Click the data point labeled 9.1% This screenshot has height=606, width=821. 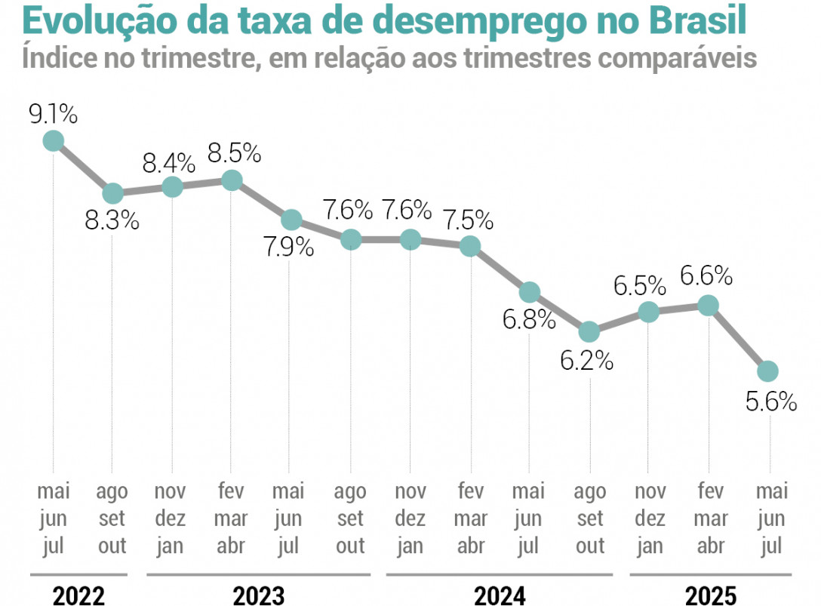[x=53, y=140]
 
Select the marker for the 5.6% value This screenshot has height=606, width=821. [x=767, y=371]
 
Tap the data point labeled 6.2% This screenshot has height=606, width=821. [x=589, y=332]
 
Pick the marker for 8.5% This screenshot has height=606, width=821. [x=232, y=180]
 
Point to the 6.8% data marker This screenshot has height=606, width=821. [x=530, y=292]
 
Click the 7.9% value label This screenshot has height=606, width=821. [x=289, y=248]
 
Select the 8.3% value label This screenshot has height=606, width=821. [x=113, y=221]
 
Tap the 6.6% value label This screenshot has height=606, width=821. [x=707, y=276]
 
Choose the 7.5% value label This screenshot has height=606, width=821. [x=469, y=220]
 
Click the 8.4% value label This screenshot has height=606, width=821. [x=171, y=161]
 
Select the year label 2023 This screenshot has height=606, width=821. [x=259, y=595]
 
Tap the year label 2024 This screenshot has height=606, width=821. [x=499, y=595]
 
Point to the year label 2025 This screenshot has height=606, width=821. [x=709, y=595]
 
